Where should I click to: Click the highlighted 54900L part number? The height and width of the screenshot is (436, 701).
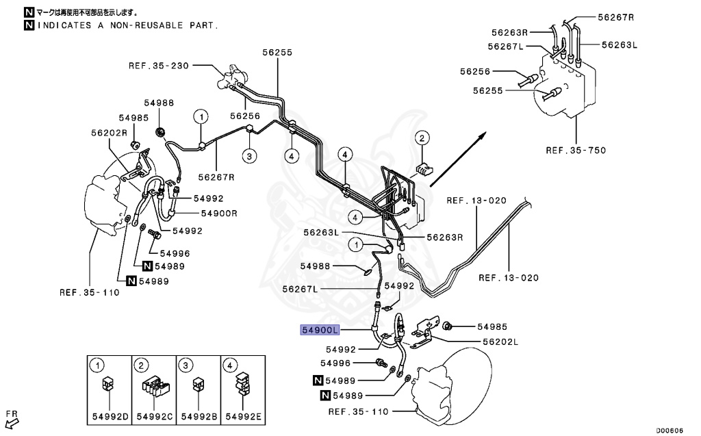click(x=320, y=330)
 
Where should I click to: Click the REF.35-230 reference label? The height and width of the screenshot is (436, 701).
click(x=158, y=66)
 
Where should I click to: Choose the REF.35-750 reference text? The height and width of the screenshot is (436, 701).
click(x=576, y=150)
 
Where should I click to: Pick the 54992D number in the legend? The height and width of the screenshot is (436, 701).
click(x=108, y=415)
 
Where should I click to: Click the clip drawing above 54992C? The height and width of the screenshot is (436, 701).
click(x=154, y=387)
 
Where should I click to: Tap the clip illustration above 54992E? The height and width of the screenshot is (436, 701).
click(x=241, y=385)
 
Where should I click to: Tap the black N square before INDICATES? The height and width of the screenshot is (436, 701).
click(x=28, y=25)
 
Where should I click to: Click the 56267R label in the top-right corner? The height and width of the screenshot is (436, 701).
click(x=615, y=17)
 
